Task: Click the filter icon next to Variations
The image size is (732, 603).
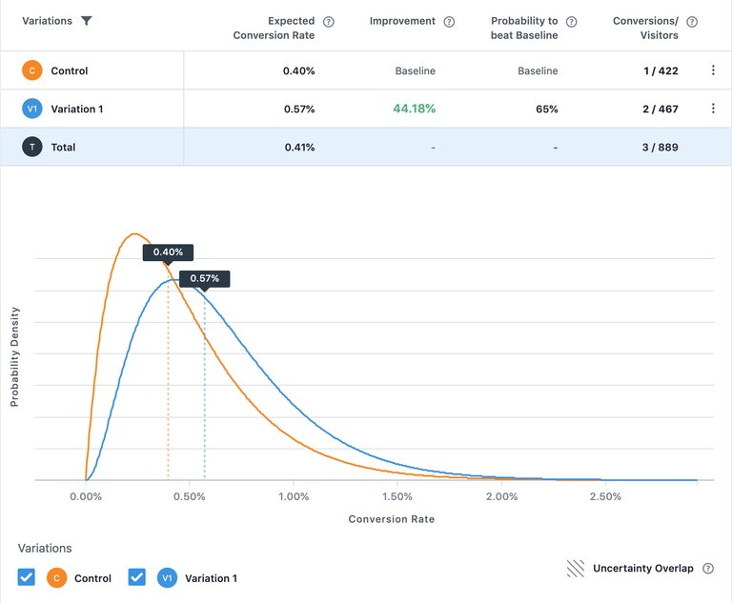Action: (x=87, y=21)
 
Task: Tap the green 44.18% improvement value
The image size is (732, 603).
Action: (x=414, y=109)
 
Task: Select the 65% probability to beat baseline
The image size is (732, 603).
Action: (x=546, y=109)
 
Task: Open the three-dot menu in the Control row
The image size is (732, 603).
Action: (x=713, y=70)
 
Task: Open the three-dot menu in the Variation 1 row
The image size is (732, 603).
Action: (x=713, y=109)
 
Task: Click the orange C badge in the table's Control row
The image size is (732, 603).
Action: (x=32, y=70)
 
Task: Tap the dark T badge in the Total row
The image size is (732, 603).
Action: (x=32, y=147)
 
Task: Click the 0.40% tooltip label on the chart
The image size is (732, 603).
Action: (x=168, y=252)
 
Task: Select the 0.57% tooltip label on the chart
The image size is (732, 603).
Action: (x=204, y=278)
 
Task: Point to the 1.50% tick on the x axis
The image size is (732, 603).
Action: (x=397, y=496)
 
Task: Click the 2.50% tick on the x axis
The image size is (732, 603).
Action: (x=605, y=496)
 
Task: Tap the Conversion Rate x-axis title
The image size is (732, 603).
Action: (x=392, y=519)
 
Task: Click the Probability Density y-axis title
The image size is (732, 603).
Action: (x=14, y=357)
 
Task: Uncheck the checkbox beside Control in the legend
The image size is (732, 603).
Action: (x=27, y=577)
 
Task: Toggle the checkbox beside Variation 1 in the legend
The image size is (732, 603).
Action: (x=137, y=577)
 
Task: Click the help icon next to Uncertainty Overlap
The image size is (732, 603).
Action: (x=708, y=569)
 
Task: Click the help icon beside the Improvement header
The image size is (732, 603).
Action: (x=450, y=21)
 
